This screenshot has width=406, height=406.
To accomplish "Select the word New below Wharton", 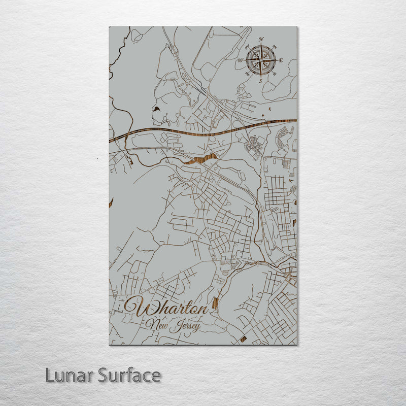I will tap(156, 323).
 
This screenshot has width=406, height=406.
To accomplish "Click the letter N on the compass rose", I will tap(261, 40).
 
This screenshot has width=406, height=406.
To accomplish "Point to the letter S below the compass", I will tap(260, 81).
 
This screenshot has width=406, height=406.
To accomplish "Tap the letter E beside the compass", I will tap(281, 60).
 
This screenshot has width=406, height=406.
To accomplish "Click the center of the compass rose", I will tap(261, 60).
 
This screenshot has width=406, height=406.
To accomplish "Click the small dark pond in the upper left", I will tap(155, 109).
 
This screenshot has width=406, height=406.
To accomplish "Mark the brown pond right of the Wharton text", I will tap(215, 304).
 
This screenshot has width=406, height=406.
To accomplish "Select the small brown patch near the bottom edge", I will tap(244, 339).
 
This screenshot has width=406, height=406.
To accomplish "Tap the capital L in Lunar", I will tap(49, 376).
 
